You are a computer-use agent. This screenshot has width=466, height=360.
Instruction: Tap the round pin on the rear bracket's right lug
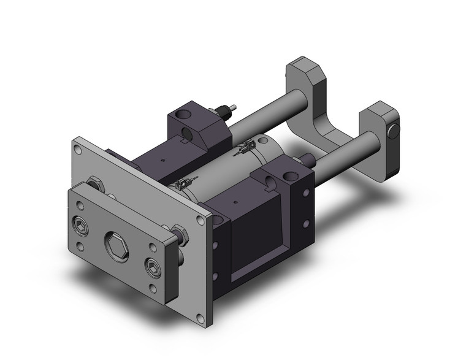(394, 130)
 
